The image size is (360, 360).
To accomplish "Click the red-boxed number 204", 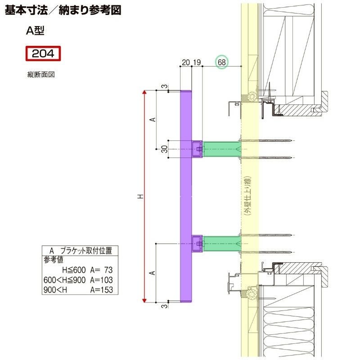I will click(43, 54).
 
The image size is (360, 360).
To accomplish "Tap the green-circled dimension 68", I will click(221, 62).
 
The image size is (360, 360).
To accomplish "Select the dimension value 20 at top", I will click(185, 63).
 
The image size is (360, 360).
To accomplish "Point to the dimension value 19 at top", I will click(197, 63).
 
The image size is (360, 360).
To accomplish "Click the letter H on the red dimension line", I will click(140, 197).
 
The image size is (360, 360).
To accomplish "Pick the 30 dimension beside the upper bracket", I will click(165, 149).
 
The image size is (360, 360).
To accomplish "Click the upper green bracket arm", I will click(221, 149).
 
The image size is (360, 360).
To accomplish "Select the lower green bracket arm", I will click(221, 243).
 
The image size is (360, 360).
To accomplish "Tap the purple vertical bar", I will click(185, 197).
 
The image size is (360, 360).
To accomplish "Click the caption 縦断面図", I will click(41, 75).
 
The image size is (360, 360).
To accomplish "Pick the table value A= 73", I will click(101, 270).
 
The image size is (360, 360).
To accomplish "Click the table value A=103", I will click(101, 280).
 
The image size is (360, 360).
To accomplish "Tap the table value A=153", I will click(101, 290).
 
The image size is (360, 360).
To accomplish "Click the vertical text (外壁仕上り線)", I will click(247, 197).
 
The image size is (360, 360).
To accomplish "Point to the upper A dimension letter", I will click(153, 120).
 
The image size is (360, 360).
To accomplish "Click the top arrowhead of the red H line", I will click(144, 92).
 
